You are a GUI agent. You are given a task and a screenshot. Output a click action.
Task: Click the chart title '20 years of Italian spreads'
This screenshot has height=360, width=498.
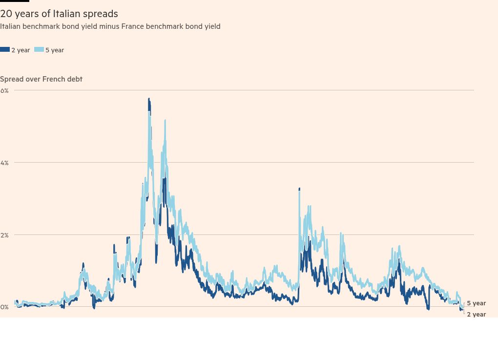coord(59,14)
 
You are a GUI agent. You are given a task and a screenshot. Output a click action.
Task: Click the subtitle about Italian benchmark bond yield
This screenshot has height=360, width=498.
coord(110,26)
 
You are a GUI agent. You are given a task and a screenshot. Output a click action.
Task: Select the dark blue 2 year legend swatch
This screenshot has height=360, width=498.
coord(5,50)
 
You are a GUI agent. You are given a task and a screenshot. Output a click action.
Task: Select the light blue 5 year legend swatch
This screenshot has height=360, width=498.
coord(39,50)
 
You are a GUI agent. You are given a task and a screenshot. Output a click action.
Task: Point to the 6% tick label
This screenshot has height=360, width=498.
coord(4,90)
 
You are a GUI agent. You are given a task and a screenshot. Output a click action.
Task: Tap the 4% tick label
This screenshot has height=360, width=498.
coord(4,163)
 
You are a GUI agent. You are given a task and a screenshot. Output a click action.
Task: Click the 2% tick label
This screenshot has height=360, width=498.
coord(4,235)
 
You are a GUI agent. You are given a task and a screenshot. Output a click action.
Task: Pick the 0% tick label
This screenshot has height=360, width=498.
coord(4,307)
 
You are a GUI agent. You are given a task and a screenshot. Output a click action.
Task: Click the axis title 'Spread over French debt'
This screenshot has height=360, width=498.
coord(41,79)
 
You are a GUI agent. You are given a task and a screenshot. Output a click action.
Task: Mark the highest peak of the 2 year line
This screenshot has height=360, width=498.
coord(149,99)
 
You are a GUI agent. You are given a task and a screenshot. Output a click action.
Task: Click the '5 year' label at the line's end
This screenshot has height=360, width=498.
coord(476,303)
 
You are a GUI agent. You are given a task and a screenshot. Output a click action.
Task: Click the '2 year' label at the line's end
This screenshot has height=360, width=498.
coord(476,314)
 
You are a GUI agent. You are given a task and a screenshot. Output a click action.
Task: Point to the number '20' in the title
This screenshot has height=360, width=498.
coord(6,14)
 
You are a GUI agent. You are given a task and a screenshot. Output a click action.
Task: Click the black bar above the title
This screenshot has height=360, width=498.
coord(15,1)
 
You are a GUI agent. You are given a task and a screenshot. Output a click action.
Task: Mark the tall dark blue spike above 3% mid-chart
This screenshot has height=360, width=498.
coord(299,189)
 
